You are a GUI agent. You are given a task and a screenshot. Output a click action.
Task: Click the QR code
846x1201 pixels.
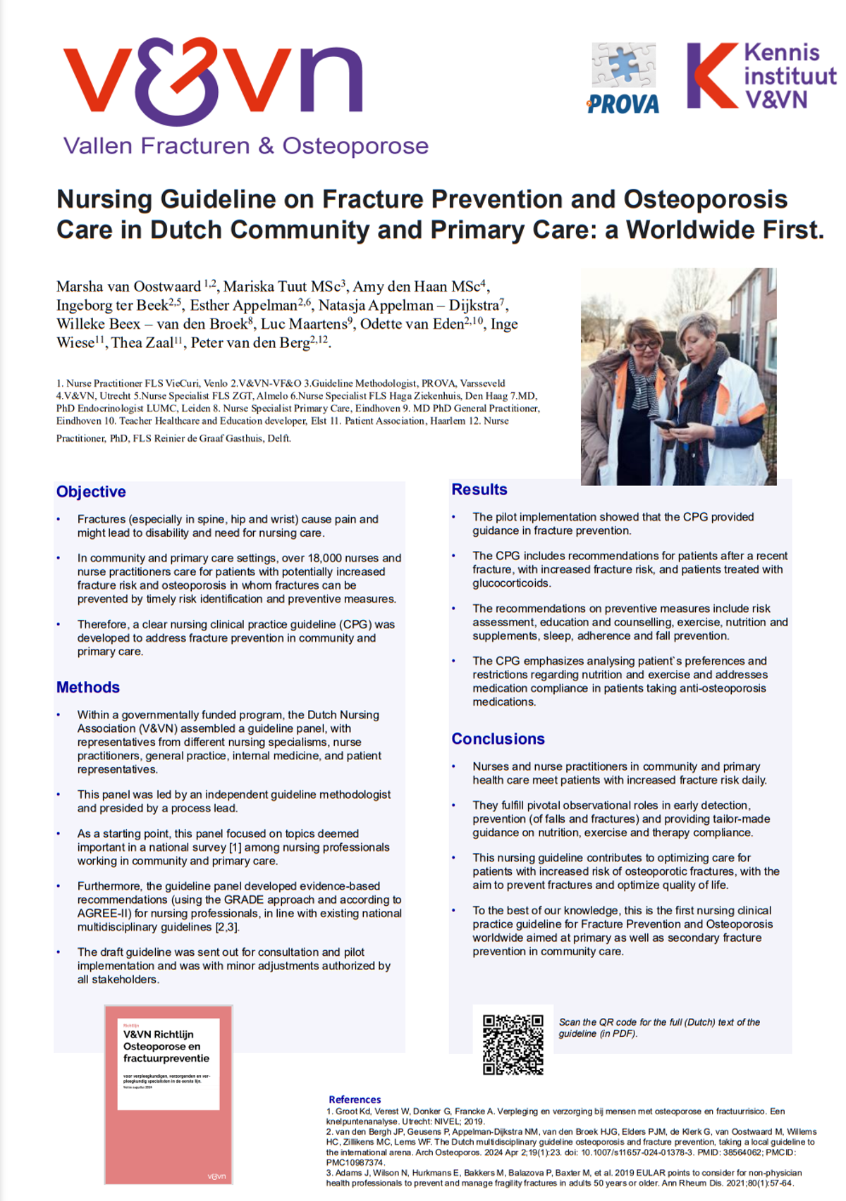click(x=513, y=1044)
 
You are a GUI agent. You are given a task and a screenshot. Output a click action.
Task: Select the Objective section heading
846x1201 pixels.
click(x=91, y=492)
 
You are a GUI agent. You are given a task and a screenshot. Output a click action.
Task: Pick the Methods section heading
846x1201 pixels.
click(x=88, y=687)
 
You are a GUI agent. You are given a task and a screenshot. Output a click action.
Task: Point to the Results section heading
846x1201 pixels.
click(x=479, y=490)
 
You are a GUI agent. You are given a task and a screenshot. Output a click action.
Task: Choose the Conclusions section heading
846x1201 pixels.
click(x=498, y=739)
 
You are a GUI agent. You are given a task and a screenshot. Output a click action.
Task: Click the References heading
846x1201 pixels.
click(x=355, y=1100)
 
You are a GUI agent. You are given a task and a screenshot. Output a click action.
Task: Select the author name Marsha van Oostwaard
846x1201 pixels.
click(x=129, y=287)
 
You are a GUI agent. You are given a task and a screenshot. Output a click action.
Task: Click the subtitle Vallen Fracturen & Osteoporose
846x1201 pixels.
click(x=246, y=146)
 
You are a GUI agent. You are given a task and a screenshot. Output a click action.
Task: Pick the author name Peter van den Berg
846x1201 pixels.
click(x=250, y=343)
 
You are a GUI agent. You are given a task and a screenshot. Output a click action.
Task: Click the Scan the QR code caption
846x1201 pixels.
click(x=659, y=1028)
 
